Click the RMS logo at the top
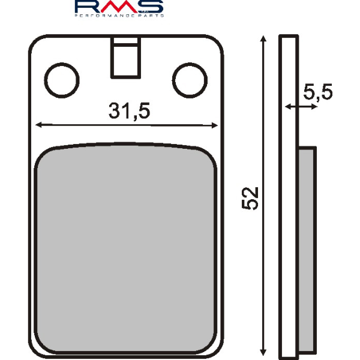(119, 7)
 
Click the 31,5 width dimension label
(128, 111)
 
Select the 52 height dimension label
(251, 197)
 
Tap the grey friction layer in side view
(307, 246)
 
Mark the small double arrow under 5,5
(300, 107)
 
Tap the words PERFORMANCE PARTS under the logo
(119, 16)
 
